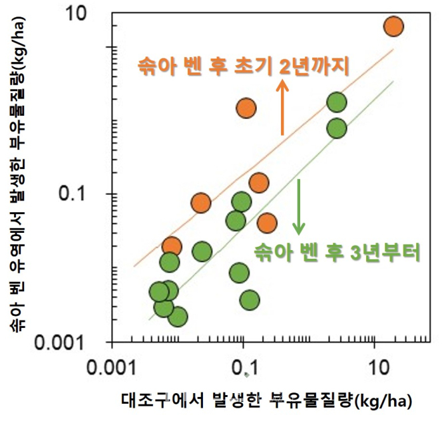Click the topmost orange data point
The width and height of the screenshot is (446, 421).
tap(393, 27)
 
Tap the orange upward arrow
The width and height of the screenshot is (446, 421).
tap(282, 106)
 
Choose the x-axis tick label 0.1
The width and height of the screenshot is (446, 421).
tap(243, 366)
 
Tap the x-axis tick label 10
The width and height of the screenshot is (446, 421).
tap(374, 366)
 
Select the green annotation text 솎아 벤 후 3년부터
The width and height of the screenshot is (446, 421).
tap(337, 253)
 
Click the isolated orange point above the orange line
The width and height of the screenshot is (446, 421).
tap(246, 107)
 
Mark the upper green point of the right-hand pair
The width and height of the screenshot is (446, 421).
tap(337, 102)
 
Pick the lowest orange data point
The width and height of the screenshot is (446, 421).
tap(172, 247)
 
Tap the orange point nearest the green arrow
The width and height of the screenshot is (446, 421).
tap(267, 223)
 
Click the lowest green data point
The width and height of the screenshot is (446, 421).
tap(177, 316)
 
